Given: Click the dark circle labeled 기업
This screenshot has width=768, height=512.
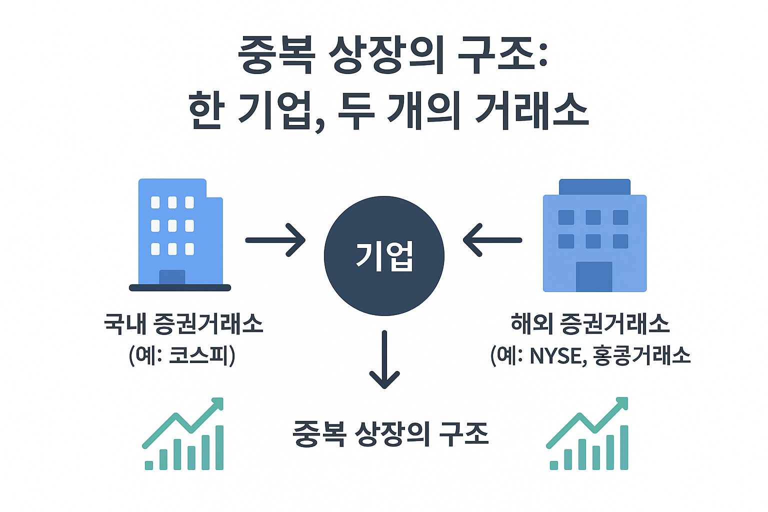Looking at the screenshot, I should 384,255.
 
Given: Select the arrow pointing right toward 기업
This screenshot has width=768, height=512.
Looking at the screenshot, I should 275,240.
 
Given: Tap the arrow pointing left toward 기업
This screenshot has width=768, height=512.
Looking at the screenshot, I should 492,240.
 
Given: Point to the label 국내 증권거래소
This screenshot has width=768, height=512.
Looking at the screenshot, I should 183,323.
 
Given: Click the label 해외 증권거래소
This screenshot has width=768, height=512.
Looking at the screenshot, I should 590,323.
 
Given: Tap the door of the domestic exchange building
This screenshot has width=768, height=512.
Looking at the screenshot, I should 172,277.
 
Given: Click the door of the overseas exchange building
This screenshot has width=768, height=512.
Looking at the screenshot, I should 594,276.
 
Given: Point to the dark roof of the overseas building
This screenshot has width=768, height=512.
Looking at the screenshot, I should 594,187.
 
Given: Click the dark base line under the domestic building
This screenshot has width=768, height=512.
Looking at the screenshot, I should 180,287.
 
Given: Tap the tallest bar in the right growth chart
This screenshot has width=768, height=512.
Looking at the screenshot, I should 624,447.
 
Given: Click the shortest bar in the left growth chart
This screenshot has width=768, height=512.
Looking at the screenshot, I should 149,465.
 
